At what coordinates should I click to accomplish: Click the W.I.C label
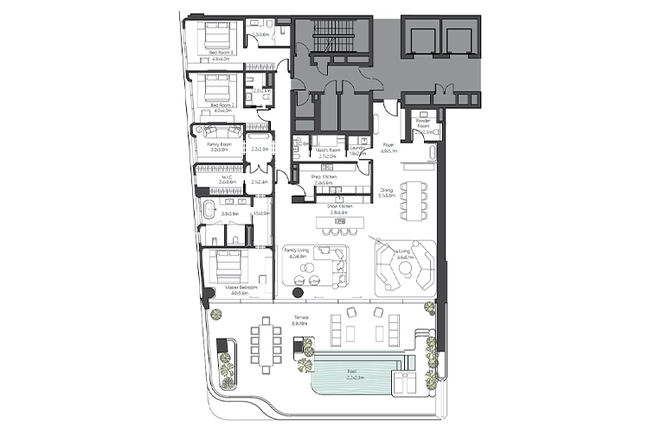pyautogui.click(x=227, y=179)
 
